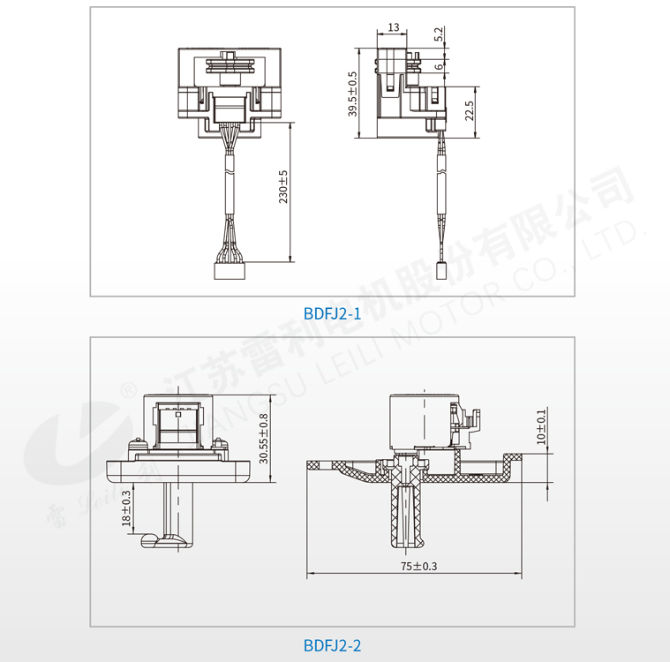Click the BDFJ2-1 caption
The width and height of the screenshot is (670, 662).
click(332, 313)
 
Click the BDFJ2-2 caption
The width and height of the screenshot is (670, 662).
click(332, 645)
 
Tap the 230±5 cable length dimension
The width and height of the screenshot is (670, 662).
click(283, 187)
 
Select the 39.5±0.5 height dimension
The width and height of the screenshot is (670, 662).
click(352, 94)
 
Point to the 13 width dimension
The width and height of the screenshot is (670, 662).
click(394, 27)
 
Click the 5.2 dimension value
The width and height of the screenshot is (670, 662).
click(439, 34)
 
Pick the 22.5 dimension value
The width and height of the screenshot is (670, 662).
click(470, 110)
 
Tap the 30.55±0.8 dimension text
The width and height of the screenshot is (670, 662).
click(264, 439)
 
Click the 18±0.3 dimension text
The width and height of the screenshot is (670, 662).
click(126, 508)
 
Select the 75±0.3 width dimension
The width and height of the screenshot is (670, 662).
click(418, 567)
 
